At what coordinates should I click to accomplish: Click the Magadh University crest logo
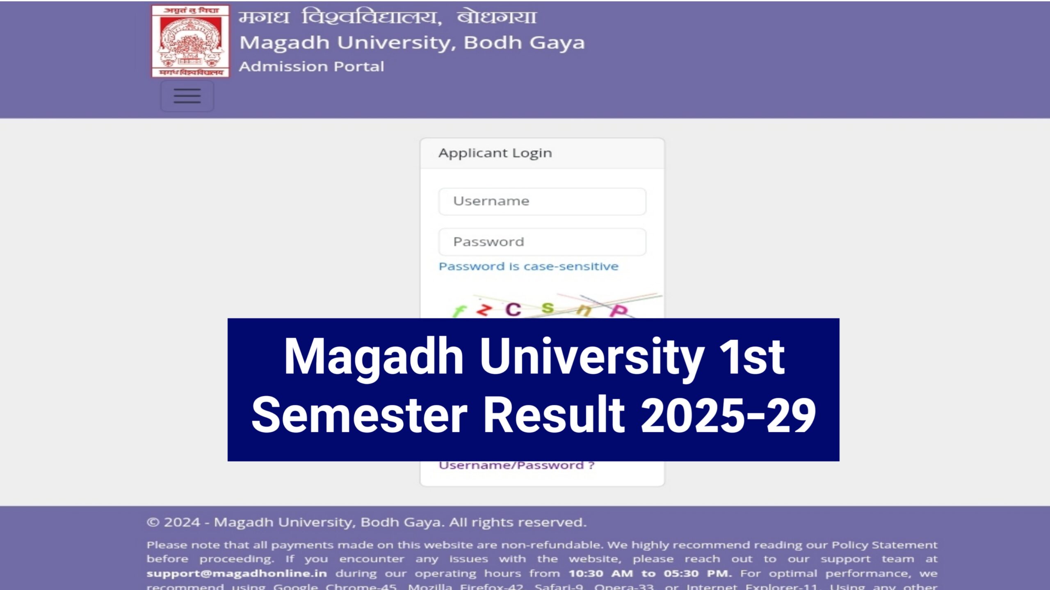(x=190, y=41)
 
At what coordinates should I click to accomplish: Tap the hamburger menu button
(x=187, y=96)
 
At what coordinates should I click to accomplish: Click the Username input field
(x=542, y=201)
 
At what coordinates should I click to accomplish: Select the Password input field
(x=542, y=242)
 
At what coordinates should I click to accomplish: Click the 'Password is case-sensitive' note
(x=528, y=266)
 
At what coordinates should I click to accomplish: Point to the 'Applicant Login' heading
(x=495, y=153)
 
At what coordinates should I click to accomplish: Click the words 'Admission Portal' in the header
(x=311, y=66)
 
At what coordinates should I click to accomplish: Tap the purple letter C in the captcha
(x=513, y=309)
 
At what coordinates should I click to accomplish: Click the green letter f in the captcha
(x=459, y=311)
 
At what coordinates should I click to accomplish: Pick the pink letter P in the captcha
(x=618, y=311)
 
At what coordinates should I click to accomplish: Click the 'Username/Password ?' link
(x=516, y=465)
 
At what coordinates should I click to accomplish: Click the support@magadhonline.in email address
(x=237, y=573)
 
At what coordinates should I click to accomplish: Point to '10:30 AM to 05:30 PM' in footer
(x=650, y=573)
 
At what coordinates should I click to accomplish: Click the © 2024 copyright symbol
(x=153, y=522)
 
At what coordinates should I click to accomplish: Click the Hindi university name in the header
(x=387, y=17)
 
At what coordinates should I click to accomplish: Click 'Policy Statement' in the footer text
(x=884, y=545)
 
